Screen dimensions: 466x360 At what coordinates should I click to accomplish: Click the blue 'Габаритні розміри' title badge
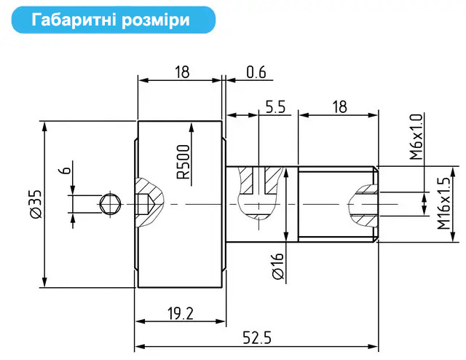pyautogui.click(x=114, y=20)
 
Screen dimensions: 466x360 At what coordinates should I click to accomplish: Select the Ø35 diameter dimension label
pyautogui.click(x=36, y=204)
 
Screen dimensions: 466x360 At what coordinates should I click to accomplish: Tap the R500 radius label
pyautogui.click(x=183, y=162)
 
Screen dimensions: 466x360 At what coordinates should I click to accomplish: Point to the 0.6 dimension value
pyautogui.click(x=256, y=72)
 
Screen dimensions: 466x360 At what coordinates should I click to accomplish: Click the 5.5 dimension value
pyautogui.click(x=275, y=107)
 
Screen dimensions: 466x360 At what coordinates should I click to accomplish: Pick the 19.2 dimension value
pyautogui.click(x=180, y=313)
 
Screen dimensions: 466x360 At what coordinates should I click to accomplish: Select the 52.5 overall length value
pyautogui.click(x=257, y=338)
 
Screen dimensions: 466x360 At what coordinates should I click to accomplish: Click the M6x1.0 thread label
pyautogui.click(x=416, y=137)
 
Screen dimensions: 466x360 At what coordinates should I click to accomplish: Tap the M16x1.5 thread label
pyautogui.click(x=443, y=203)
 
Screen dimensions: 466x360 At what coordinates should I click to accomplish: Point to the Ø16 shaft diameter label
pyautogui.click(x=278, y=266)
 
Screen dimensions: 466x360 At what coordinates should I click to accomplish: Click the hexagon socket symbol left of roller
pyautogui.click(x=110, y=204)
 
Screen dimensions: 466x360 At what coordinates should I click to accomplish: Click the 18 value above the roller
pyautogui.click(x=182, y=72)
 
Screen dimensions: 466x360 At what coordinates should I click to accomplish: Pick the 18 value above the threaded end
pyautogui.click(x=339, y=107)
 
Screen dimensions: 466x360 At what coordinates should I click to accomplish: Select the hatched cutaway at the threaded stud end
pyautogui.click(x=363, y=206)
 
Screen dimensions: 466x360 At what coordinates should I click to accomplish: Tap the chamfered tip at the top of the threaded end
pyautogui.click(x=376, y=169)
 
